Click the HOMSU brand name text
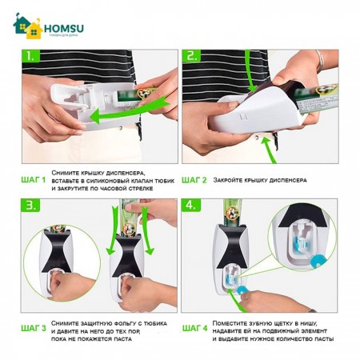pos(64,28)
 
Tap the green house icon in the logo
pos(22,23)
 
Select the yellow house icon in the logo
pos(34,30)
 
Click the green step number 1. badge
pos(31,56)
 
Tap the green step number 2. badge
pos(191,56)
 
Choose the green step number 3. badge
pos(31,206)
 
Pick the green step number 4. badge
pos(191,206)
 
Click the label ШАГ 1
pos(34,180)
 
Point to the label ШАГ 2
pos(194,180)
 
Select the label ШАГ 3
pos(34,328)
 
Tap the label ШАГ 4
pos(194,328)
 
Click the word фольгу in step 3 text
pos(126,324)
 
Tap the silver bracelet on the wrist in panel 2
pos(320,61)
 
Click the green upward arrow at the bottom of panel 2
pos(269,150)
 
